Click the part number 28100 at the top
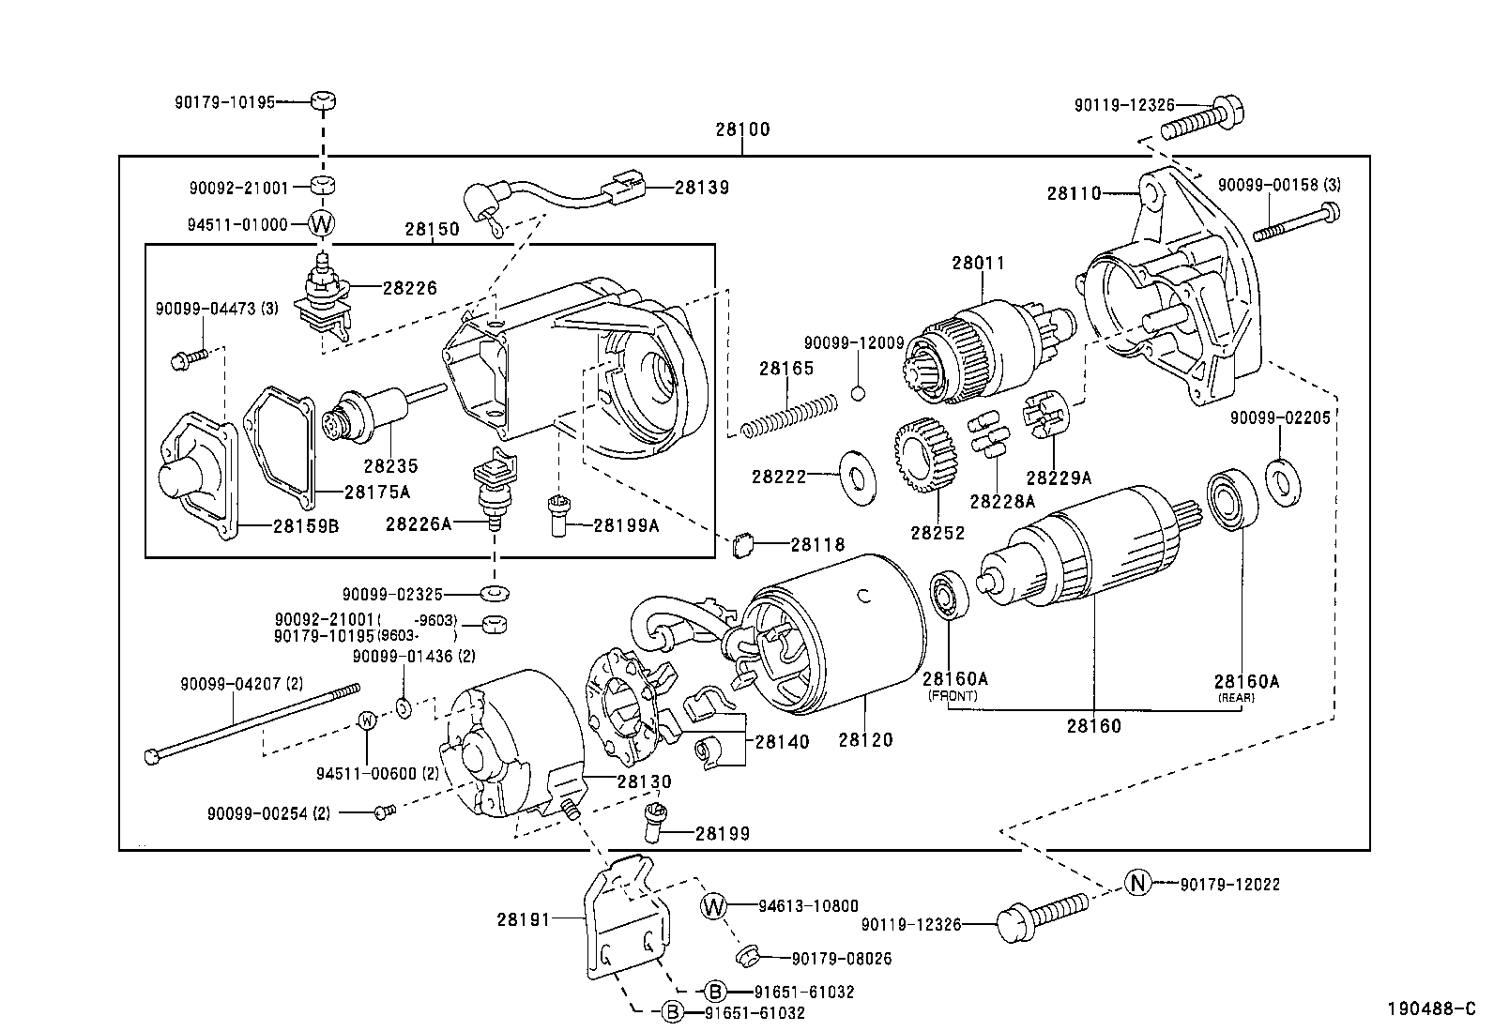(x=741, y=129)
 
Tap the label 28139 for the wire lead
(x=702, y=187)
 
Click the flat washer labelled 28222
(x=855, y=476)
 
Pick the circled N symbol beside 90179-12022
(x=1137, y=883)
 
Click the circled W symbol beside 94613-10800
(x=714, y=905)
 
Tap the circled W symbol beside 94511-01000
(x=322, y=224)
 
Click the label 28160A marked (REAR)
(x=1246, y=681)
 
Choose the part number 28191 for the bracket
(x=524, y=920)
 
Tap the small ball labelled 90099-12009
(x=858, y=392)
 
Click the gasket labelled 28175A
(x=279, y=441)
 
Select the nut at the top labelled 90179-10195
(x=322, y=101)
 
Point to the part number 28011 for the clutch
(x=978, y=264)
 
